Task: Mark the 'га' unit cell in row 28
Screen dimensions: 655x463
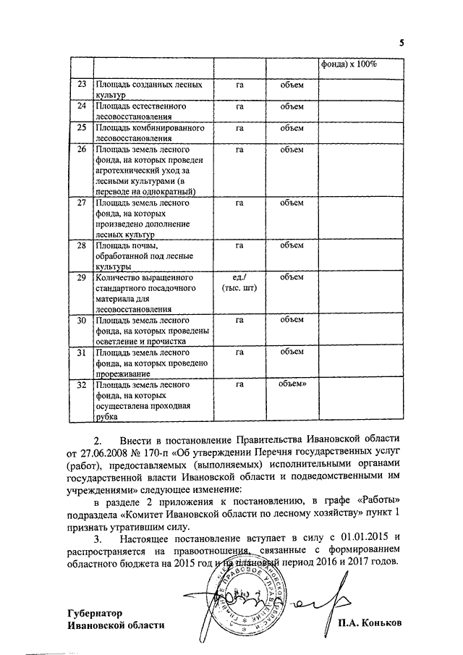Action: [239, 245]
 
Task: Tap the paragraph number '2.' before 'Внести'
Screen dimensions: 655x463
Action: [99, 439]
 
